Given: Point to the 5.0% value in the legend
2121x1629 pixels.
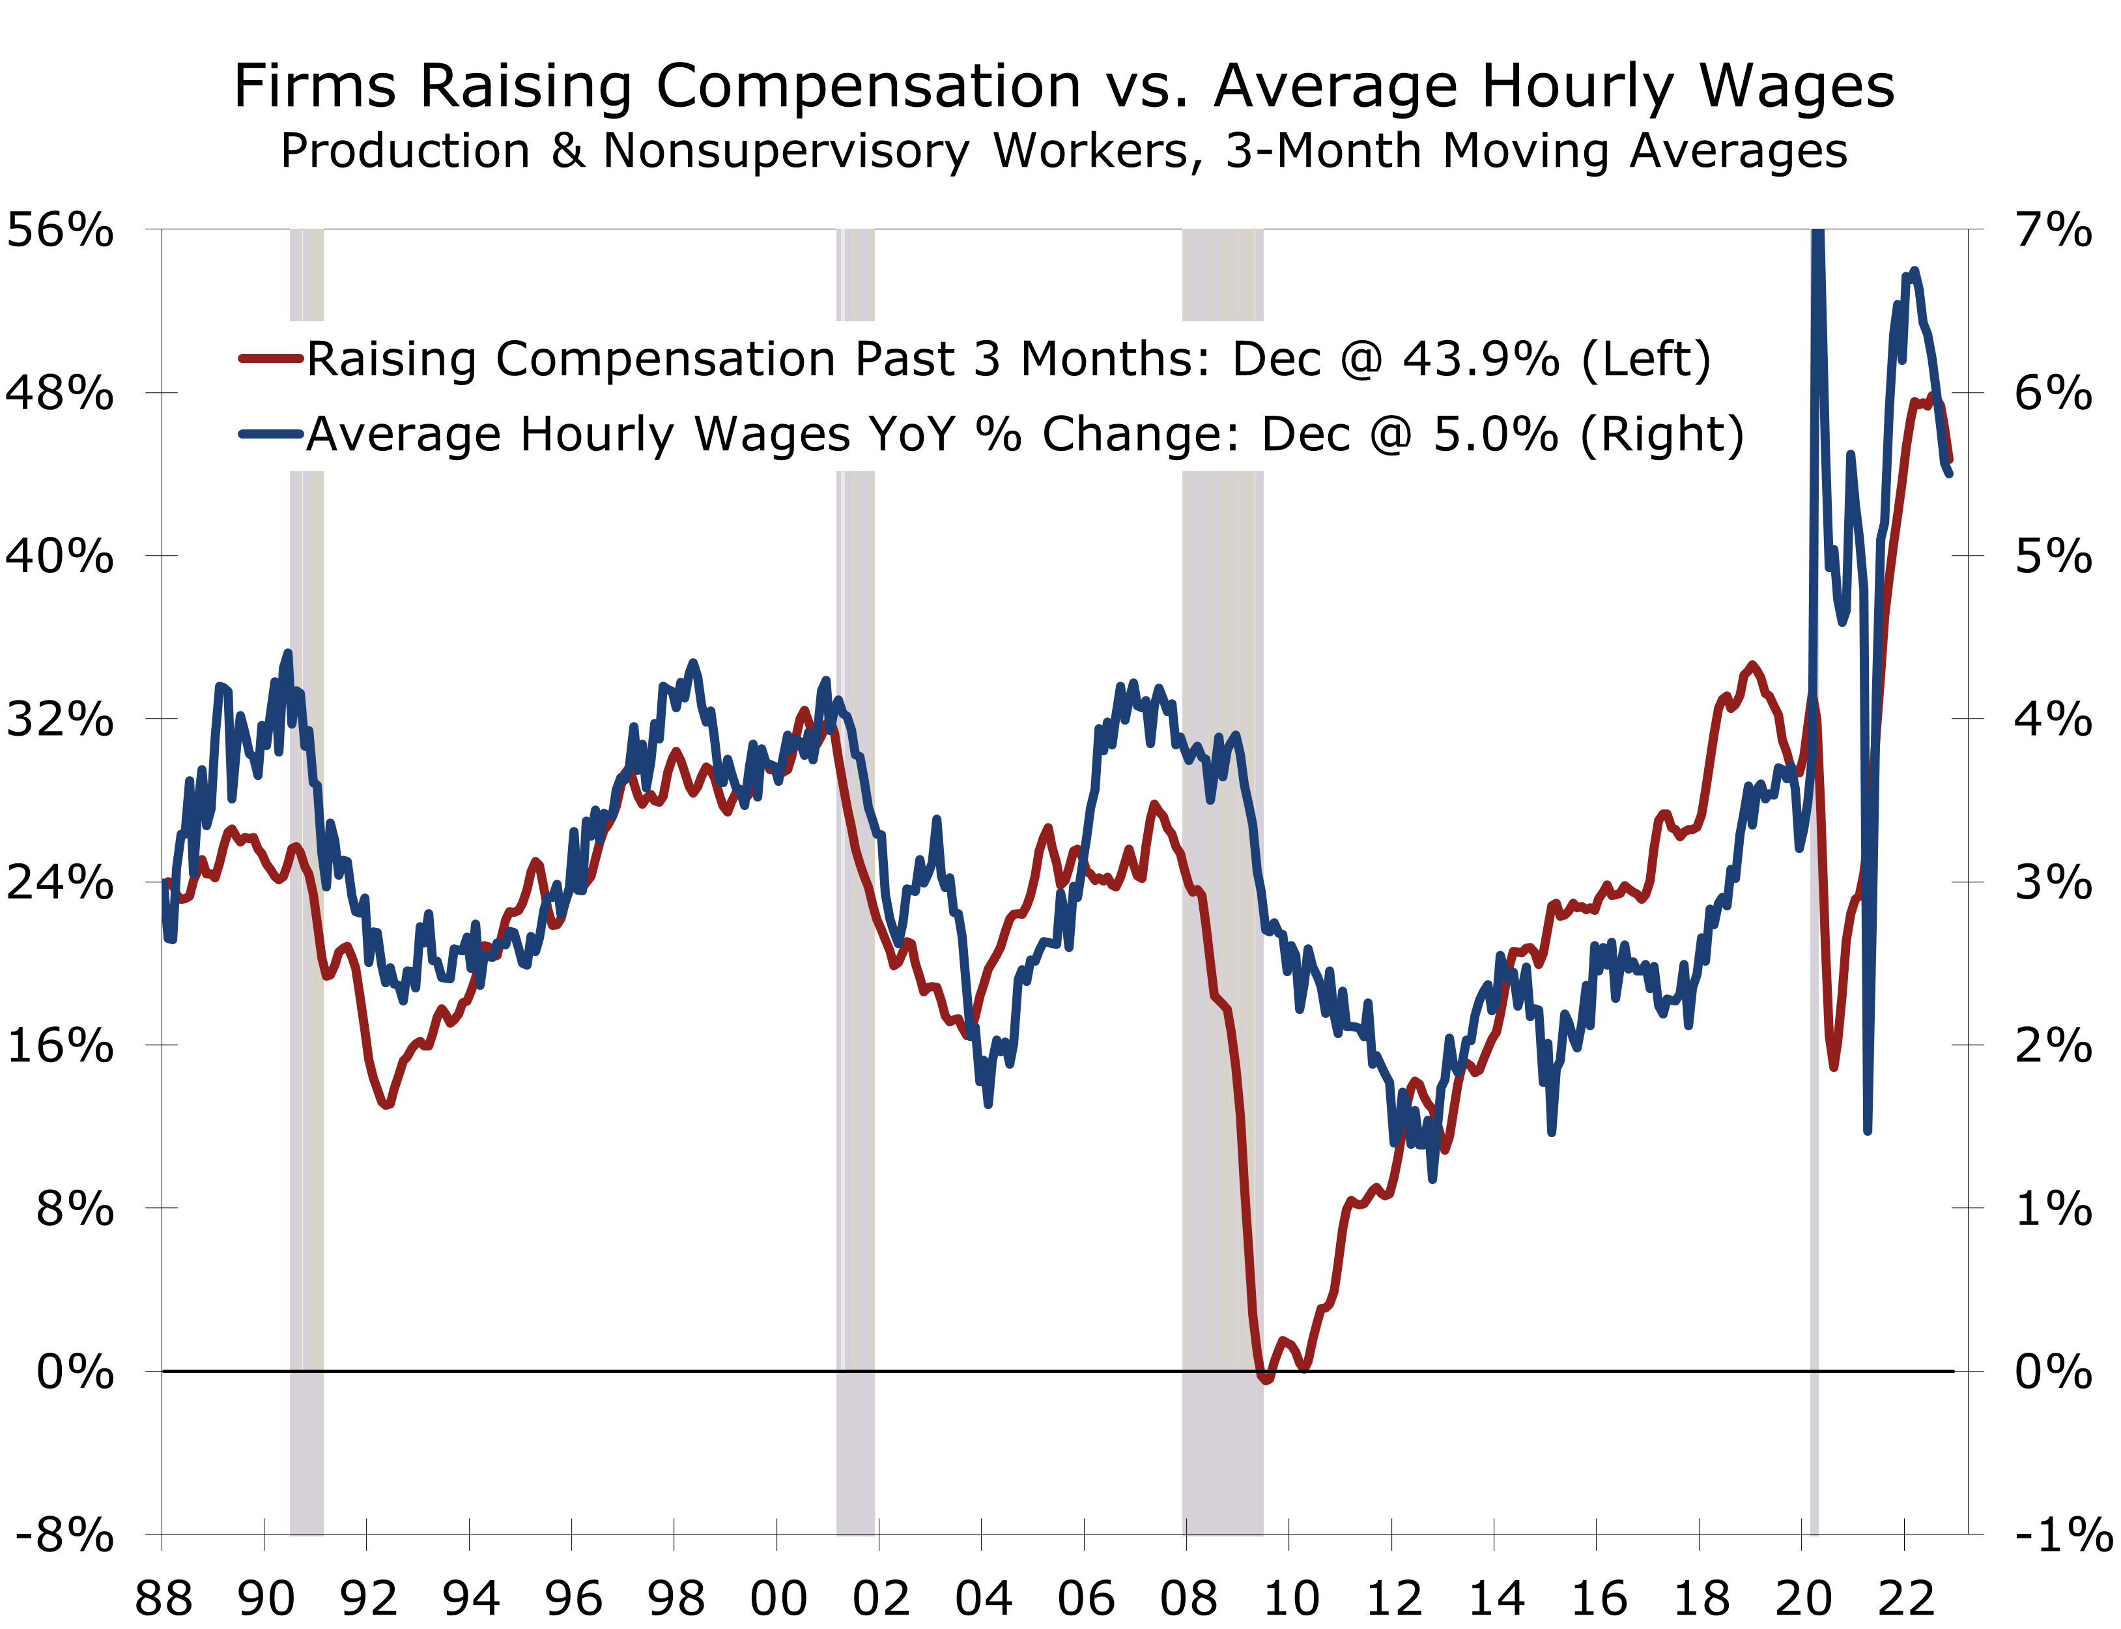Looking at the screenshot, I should (1496, 435).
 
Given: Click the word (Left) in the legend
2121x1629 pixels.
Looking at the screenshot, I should (1646, 360).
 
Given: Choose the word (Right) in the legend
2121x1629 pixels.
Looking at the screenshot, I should (1662, 435).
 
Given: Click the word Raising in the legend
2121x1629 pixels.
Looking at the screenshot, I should (391, 360).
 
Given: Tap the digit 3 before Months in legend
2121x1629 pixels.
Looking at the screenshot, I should (987, 360).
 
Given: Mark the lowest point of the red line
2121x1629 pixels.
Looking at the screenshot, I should (1265, 1378).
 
